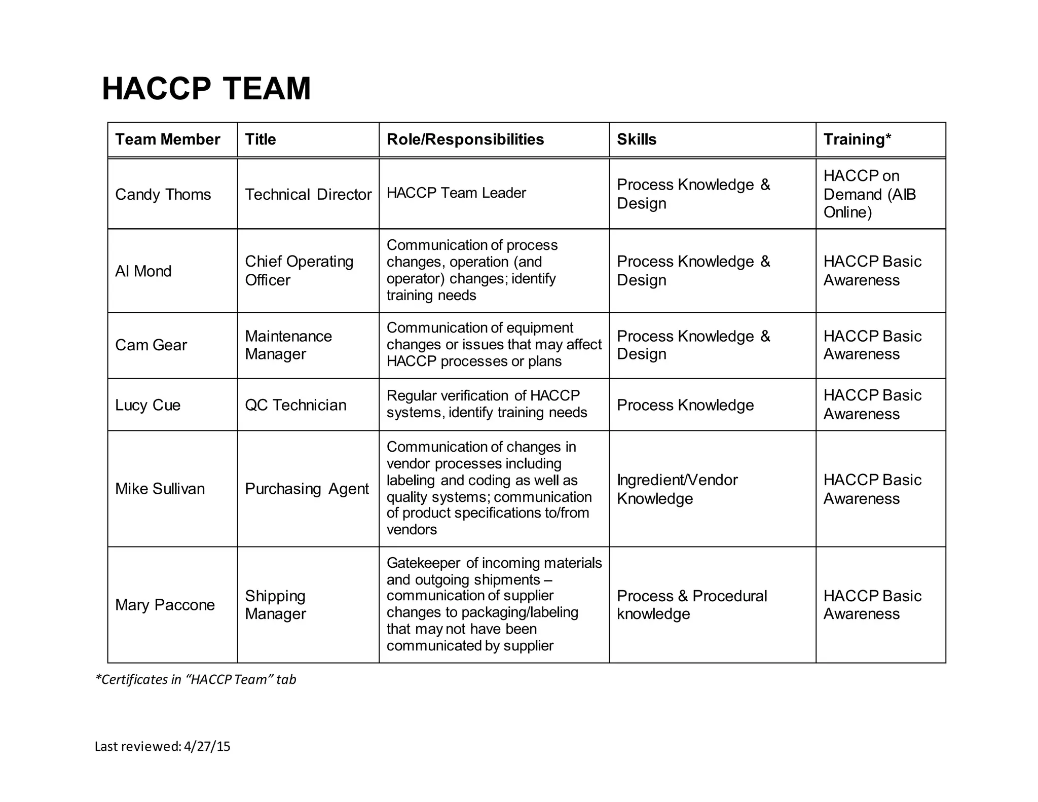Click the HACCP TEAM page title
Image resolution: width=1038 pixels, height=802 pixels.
(206, 89)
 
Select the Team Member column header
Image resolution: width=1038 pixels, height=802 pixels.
(167, 139)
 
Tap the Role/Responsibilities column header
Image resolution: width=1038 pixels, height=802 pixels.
(465, 139)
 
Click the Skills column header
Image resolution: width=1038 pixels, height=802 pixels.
(636, 139)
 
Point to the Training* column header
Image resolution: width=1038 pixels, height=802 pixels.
(857, 139)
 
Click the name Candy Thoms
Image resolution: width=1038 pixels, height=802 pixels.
(163, 194)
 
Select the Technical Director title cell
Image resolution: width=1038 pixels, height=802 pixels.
(308, 194)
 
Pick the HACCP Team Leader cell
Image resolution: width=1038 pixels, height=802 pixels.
(456, 193)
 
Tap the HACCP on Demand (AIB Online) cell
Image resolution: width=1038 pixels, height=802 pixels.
(869, 194)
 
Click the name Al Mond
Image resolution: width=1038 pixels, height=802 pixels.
(143, 271)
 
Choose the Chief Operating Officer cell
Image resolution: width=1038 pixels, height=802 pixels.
(299, 271)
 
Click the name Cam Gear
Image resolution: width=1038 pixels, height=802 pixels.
(151, 345)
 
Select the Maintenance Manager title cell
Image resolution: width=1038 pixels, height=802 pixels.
(288, 345)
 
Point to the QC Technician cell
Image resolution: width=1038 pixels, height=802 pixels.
(295, 405)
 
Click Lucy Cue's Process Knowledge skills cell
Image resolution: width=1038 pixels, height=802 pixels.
(685, 405)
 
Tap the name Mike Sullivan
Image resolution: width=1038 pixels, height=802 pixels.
(160, 489)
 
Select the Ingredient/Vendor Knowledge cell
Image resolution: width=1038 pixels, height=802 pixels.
(677, 489)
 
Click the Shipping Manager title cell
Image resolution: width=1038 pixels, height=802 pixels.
(275, 605)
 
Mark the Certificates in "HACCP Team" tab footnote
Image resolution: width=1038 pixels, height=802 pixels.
(196, 679)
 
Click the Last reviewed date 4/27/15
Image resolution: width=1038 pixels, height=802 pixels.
(207, 746)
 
